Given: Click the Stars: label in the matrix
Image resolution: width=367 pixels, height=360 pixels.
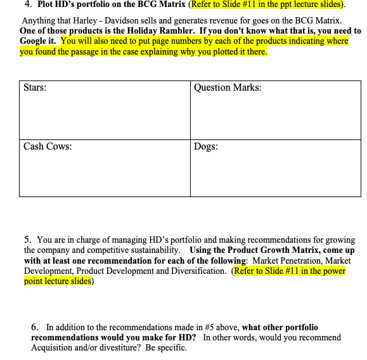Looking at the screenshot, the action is point(34,87).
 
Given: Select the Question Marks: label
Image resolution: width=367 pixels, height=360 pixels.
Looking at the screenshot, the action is point(228,87).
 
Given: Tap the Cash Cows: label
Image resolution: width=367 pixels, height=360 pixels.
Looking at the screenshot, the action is point(48,146).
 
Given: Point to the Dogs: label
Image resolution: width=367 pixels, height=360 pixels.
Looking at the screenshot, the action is point(206,146).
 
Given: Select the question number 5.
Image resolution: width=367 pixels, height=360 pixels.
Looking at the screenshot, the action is point(27,240).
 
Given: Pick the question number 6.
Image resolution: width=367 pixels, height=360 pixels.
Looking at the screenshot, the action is point(34,327).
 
